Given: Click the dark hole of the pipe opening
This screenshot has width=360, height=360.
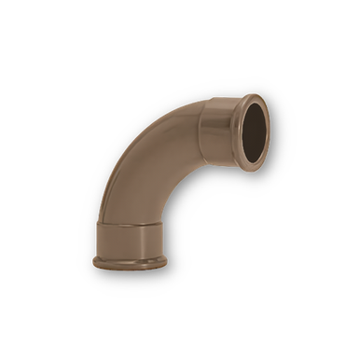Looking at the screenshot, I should (x=253, y=132).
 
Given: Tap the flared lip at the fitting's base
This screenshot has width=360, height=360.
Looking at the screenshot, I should (x=130, y=262).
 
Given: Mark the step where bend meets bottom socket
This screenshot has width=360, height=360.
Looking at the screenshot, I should (x=131, y=223).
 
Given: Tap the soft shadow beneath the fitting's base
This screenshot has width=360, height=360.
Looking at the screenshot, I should (x=131, y=272).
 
